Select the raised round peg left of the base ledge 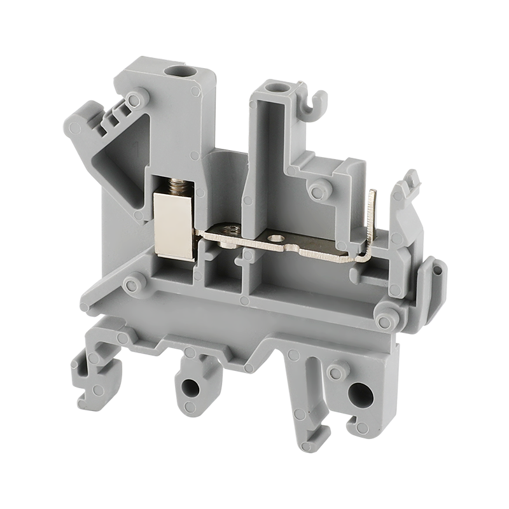point(133,282)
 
